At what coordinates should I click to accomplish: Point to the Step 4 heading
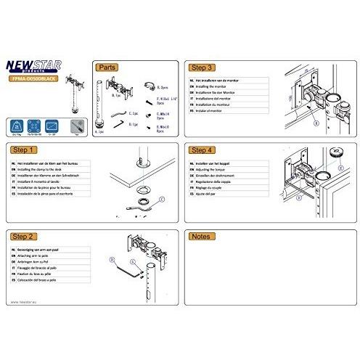(x=201, y=151)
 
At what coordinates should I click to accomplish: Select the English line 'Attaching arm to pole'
(x=36, y=256)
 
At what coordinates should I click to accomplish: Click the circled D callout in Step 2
(x=111, y=257)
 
